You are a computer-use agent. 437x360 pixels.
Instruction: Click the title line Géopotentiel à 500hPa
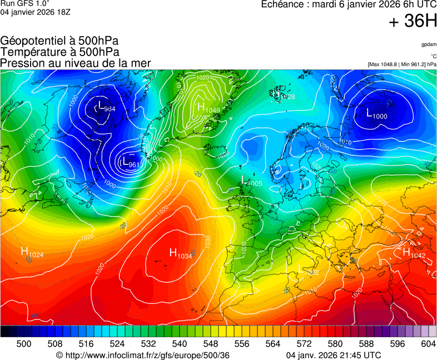tap(59, 41)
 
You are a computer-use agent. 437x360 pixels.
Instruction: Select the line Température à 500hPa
tap(59, 52)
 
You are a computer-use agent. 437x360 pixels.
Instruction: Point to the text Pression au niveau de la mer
tap(76, 63)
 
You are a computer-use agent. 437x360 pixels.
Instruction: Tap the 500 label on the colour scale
tap(24, 344)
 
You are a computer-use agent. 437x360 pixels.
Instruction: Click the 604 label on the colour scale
tap(428, 344)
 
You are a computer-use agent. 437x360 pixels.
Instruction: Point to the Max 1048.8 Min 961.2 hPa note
tap(402, 64)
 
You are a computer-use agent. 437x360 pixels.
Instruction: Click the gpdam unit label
tap(429, 44)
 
